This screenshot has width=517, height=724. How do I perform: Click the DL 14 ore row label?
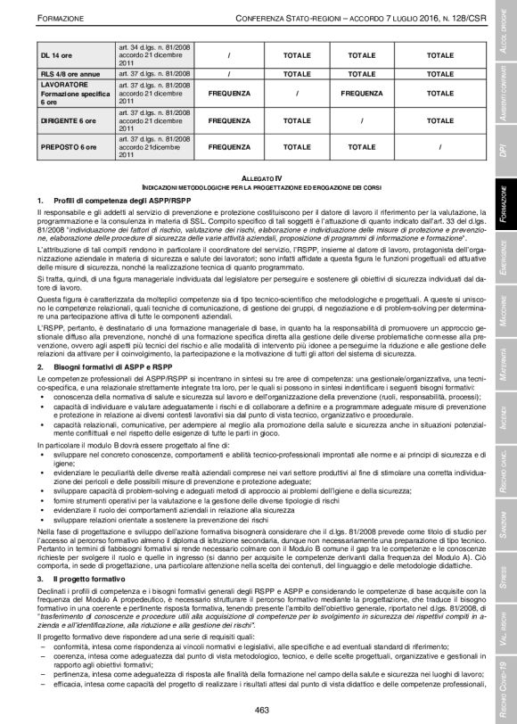point(54,55)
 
